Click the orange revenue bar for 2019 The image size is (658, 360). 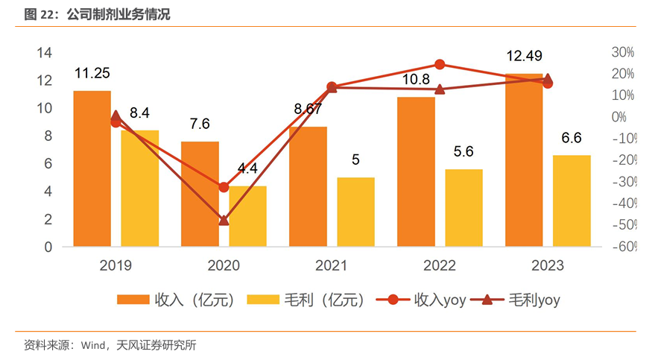pyautogui.click(x=92, y=168)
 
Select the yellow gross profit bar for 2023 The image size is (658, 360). pyautogui.click(x=572, y=200)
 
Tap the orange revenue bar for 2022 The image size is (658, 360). pyautogui.click(x=416, y=171)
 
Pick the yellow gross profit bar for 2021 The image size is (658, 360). pyautogui.click(x=355, y=212)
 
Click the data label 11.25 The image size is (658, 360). pyautogui.click(x=92, y=73)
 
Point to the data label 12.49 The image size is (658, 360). pyautogui.click(x=524, y=56)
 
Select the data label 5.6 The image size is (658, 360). pyautogui.click(x=464, y=151)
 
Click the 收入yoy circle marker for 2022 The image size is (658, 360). pyautogui.click(x=440, y=65)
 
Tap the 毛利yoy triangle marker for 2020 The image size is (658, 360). pyautogui.click(x=224, y=221)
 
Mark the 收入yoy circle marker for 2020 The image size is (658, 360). pyautogui.click(x=224, y=187)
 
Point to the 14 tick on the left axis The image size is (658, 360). pyautogui.click(x=44, y=52)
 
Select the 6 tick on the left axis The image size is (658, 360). pyautogui.click(x=48, y=164)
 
